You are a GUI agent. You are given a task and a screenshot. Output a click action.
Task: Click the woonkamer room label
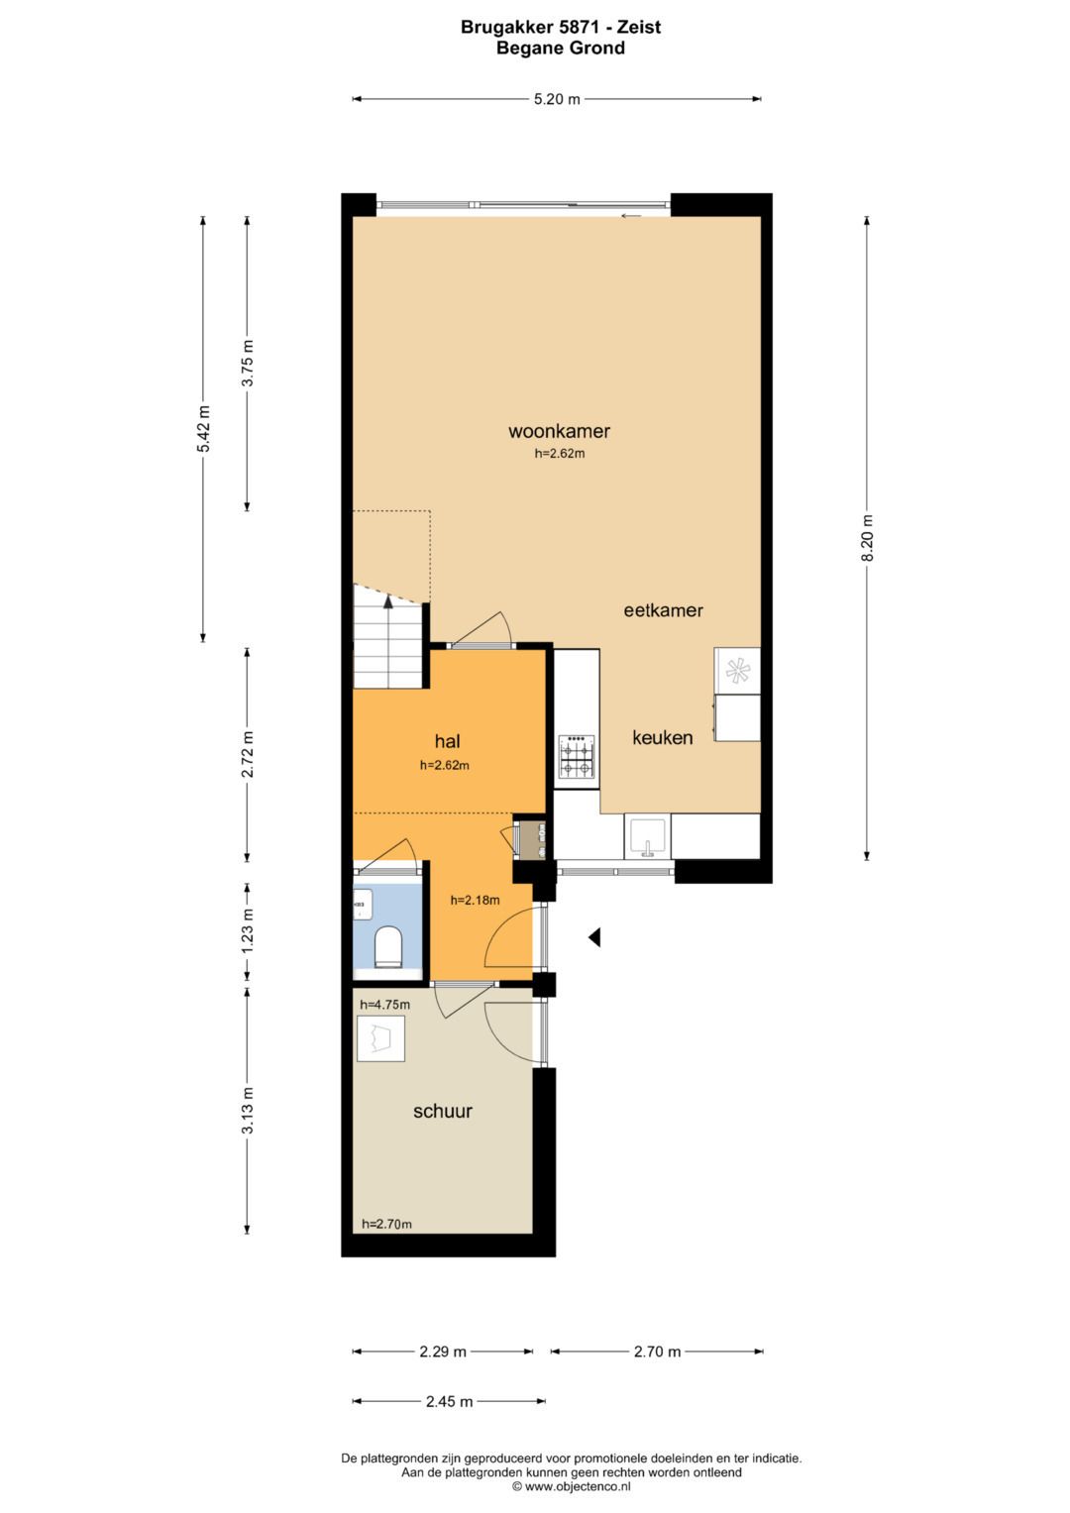[x=559, y=431]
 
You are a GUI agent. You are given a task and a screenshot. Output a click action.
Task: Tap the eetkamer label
[x=663, y=610]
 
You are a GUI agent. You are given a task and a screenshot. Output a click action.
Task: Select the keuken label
[x=662, y=737]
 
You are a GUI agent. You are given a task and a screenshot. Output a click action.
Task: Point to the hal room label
[x=447, y=742]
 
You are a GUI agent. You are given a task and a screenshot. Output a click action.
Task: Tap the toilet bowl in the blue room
[x=388, y=946]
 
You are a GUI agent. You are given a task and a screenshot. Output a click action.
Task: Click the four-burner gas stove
[x=577, y=756]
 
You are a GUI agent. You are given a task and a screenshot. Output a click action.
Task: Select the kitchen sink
[x=648, y=837]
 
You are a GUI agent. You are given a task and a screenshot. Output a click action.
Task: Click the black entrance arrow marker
[x=593, y=937]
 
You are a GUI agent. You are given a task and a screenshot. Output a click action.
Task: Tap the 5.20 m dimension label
[x=557, y=99]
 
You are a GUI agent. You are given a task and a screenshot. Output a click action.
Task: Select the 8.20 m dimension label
[x=868, y=537]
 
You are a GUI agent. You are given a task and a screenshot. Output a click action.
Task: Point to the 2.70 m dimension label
[x=657, y=1351]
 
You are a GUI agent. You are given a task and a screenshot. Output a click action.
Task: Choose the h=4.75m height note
[x=384, y=1005]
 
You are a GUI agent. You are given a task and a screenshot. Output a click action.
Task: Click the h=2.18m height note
[x=475, y=900]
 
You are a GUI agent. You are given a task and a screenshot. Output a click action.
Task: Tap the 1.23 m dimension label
[x=248, y=930]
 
